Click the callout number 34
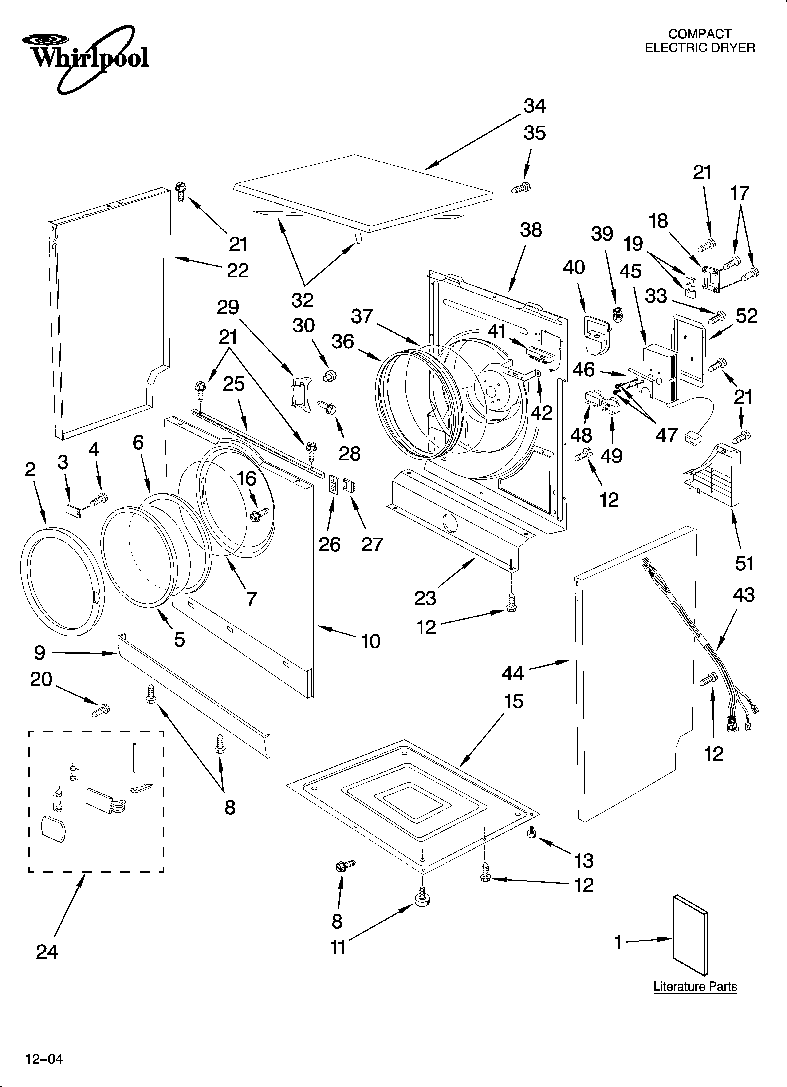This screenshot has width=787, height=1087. [534, 105]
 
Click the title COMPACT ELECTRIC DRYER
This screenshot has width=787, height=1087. [700, 41]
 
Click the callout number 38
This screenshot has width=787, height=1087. [531, 230]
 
